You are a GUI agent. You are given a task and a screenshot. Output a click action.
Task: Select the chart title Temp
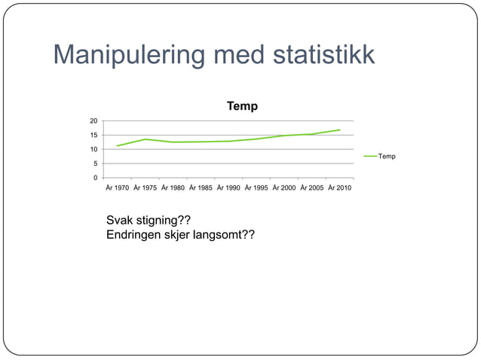[242, 106]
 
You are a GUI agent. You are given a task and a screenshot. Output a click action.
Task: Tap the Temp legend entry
[387, 156]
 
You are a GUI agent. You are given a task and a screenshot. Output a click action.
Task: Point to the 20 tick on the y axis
[93, 121]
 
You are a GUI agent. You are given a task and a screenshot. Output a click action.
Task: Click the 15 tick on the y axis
[93, 135]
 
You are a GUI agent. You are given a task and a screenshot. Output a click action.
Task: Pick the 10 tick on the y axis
[93, 149]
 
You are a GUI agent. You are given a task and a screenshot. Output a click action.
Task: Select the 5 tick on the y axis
[95, 163]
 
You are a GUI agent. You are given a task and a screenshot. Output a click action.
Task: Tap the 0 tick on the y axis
[95, 178]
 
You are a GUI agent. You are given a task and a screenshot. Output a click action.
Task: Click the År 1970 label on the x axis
[118, 188]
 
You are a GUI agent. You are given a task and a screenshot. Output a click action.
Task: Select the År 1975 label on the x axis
[146, 188]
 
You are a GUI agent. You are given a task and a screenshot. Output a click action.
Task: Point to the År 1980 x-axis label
[173, 188]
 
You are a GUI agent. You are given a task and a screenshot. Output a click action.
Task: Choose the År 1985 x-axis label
[201, 188]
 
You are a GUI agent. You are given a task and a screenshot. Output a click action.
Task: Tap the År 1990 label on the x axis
[229, 188]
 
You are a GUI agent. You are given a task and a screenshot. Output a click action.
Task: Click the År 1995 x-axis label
[257, 188]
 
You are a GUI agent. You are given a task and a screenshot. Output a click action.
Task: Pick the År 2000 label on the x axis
[285, 188]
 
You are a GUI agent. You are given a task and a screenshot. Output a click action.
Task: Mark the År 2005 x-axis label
[313, 188]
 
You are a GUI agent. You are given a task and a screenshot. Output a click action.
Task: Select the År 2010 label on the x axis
[340, 188]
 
